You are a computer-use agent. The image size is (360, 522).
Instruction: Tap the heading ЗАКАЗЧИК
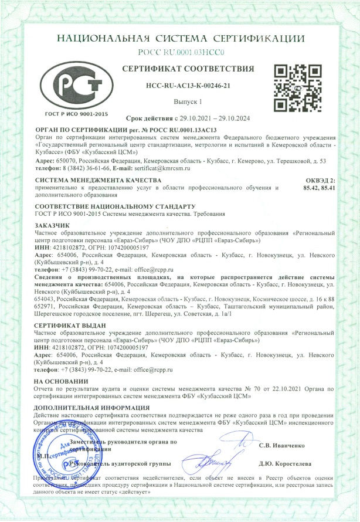point(52,225)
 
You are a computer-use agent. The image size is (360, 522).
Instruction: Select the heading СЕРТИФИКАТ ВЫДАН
point(67,324)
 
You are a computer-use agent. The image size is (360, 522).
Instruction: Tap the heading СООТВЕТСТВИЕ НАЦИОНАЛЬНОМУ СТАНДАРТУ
point(115,207)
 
